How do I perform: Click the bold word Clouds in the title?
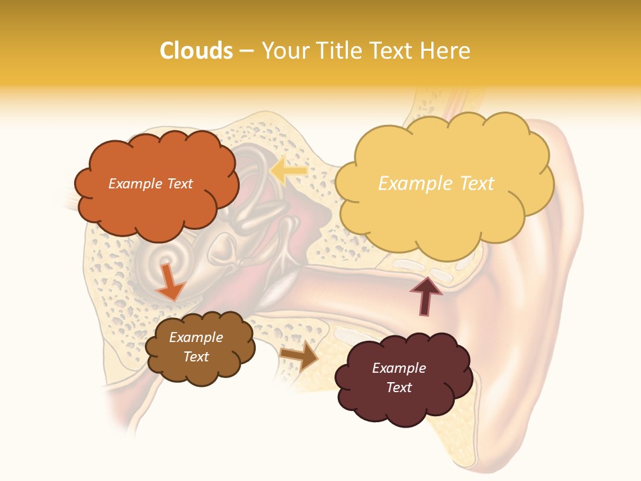[196, 51]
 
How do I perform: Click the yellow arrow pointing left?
[288, 172]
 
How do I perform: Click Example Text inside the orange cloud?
[150, 184]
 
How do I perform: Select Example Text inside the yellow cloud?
[436, 184]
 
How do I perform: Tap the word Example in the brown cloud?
[196, 337]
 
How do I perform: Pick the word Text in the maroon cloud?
[399, 387]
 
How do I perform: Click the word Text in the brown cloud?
[196, 357]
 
